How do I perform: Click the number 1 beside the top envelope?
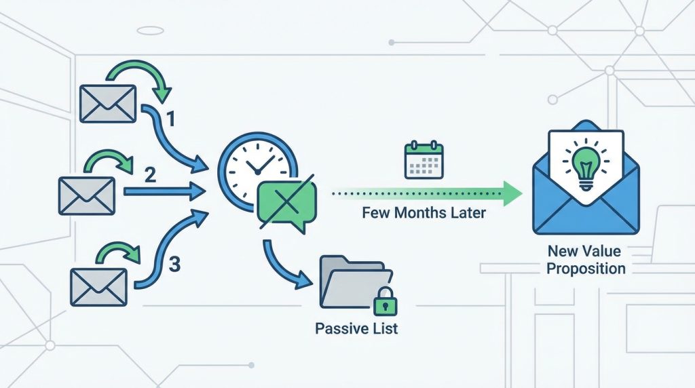170,119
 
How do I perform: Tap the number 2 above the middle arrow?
150,176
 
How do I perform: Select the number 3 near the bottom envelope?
174,265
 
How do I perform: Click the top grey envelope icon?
108,104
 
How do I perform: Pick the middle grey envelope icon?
87,196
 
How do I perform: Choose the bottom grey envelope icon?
99,287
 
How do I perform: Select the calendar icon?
424,159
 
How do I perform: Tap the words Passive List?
356,329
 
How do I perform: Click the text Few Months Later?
424,213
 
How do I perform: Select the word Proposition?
586,269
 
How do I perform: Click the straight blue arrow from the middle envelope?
165,191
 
